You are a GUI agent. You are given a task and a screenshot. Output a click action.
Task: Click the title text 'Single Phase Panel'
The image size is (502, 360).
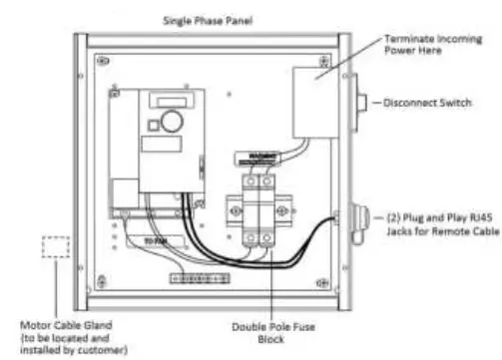[x=208, y=18]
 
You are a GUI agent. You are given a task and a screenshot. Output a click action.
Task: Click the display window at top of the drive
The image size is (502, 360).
[x=166, y=99]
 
